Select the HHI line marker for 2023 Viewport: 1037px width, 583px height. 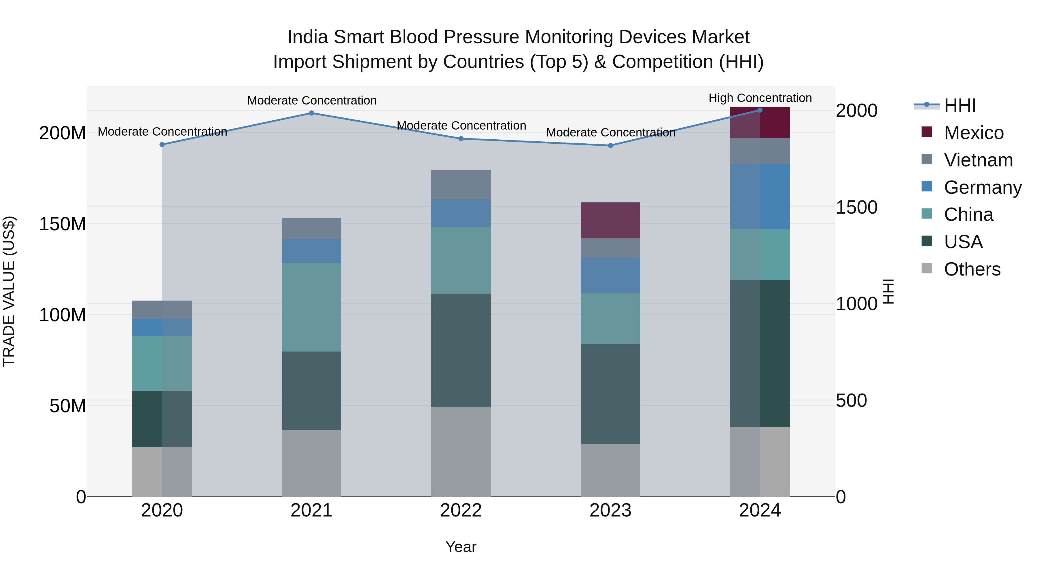click(x=610, y=146)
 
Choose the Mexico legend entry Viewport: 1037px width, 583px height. click(x=973, y=133)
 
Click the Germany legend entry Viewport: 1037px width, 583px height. click(x=982, y=187)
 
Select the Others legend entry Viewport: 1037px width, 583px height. click(x=972, y=269)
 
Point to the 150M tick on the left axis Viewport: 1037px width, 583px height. click(x=63, y=224)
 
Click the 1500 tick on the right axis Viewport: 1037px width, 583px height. click(x=856, y=207)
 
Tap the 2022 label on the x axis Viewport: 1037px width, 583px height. click(x=461, y=510)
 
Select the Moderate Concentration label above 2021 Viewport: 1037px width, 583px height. click(x=312, y=100)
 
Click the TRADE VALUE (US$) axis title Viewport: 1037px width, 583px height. click(x=9, y=291)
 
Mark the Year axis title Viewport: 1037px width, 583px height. click(x=461, y=547)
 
